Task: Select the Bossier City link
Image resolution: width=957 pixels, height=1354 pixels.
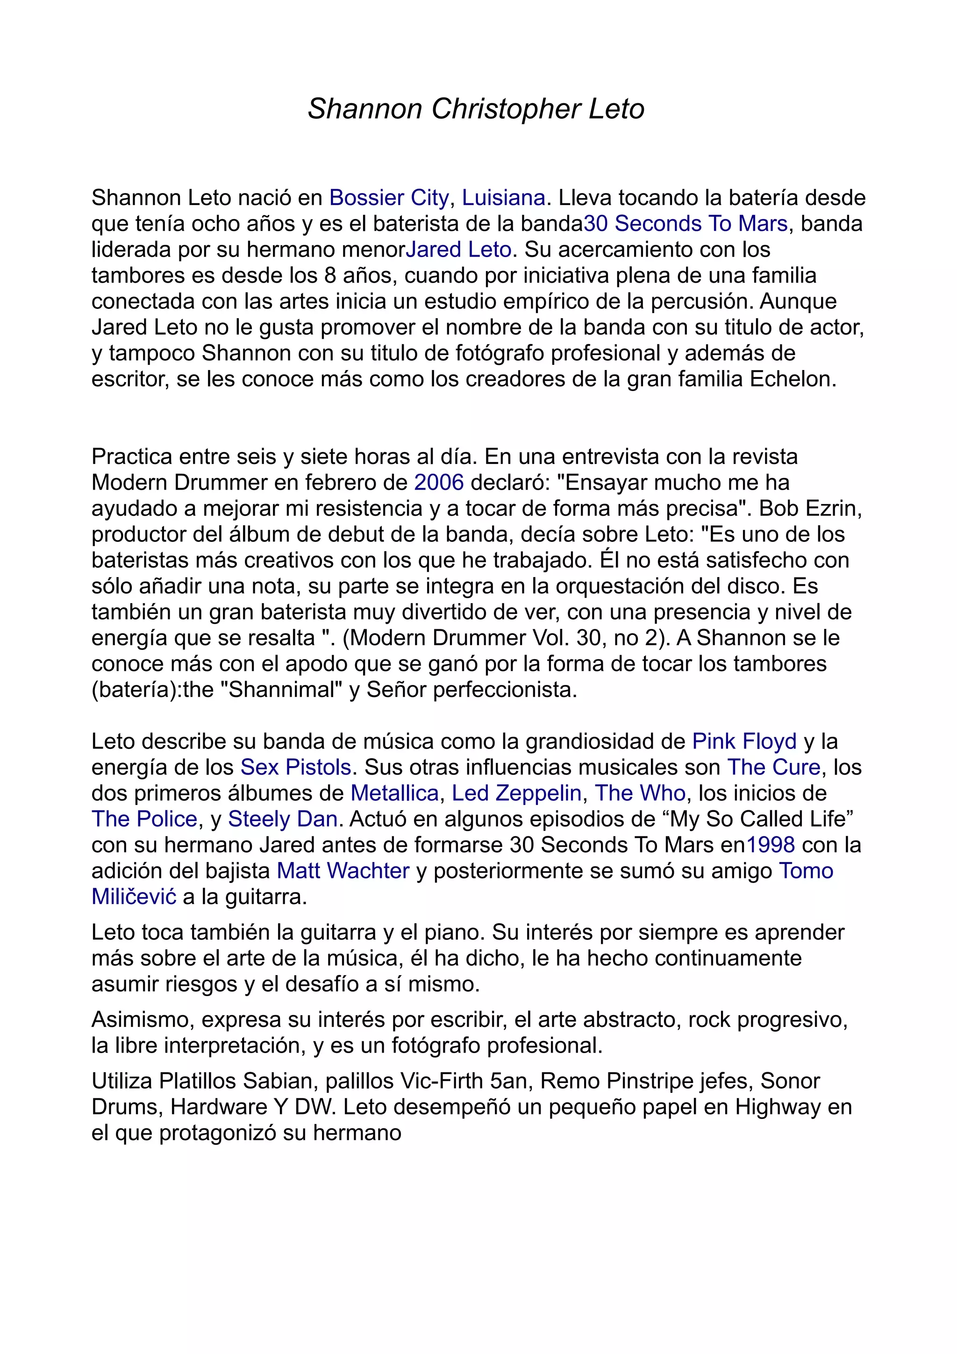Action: [389, 198]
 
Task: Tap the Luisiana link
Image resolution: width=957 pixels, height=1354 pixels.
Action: [503, 198]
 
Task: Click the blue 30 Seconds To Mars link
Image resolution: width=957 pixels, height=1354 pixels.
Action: [685, 223]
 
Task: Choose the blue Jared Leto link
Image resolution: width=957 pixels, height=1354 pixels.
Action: [458, 249]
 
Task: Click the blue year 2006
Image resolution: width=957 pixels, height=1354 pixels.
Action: [439, 482]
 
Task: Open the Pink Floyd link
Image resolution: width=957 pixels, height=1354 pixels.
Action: [744, 741]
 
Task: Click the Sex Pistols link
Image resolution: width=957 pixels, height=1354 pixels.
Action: [295, 767]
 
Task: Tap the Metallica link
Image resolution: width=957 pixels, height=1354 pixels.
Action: [394, 793]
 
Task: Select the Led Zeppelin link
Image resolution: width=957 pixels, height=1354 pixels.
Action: [516, 793]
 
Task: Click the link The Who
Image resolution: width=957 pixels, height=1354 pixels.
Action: [640, 793]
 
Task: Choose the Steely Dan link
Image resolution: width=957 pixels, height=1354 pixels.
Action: [282, 819]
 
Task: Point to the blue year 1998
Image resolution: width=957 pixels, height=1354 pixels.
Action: [770, 845]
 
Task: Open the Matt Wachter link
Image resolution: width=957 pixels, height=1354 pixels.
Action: [343, 871]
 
